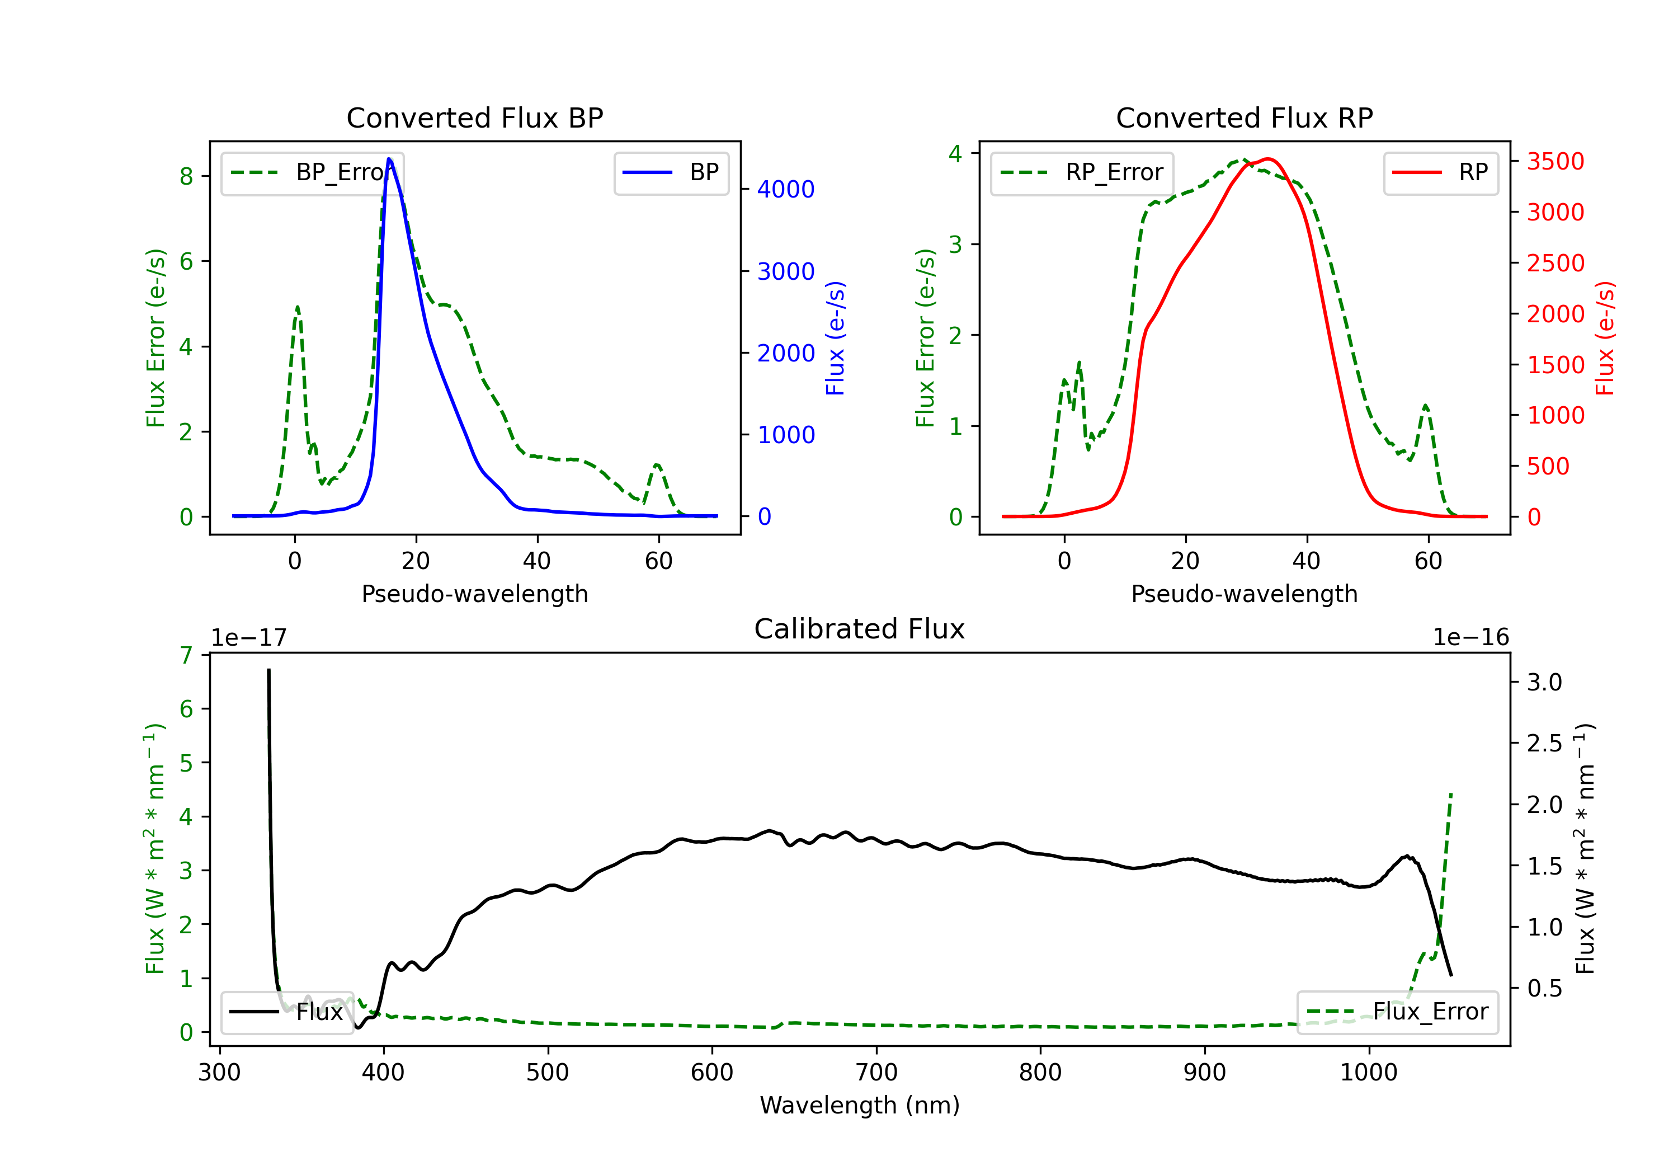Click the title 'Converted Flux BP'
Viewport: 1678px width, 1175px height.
coord(474,117)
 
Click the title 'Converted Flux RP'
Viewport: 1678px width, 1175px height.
coord(1244,117)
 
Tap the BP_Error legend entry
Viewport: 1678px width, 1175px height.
coord(313,172)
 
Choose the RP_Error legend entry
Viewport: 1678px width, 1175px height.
coord(1082,172)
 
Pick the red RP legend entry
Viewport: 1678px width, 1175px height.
coord(1440,172)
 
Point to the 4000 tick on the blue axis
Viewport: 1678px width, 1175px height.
coord(786,189)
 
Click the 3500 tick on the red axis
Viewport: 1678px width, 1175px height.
coord(1555,162)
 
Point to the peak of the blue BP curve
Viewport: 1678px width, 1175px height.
coord(389,159)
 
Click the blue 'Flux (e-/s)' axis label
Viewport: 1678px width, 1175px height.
coord(835,338)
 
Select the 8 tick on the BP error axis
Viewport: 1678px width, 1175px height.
coord(186,176)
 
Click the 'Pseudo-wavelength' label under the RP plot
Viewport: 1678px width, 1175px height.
coord(1244,594)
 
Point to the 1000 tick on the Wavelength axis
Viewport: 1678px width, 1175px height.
coord(1368,1072)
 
